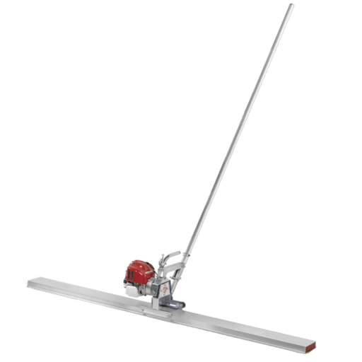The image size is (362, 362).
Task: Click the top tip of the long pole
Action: click(x=291, y=6)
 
